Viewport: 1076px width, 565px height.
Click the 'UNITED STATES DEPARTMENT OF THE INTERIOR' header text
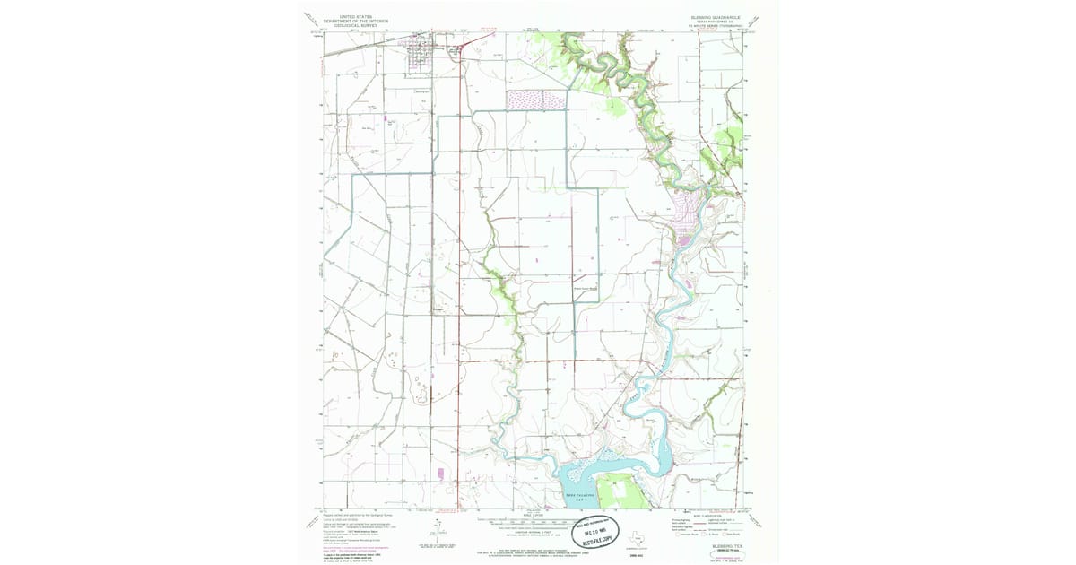[x=351, y=19]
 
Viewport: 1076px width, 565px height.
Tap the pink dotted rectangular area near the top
[x=536, y=100]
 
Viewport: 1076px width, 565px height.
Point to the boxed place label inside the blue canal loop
[x=585, y=289]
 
